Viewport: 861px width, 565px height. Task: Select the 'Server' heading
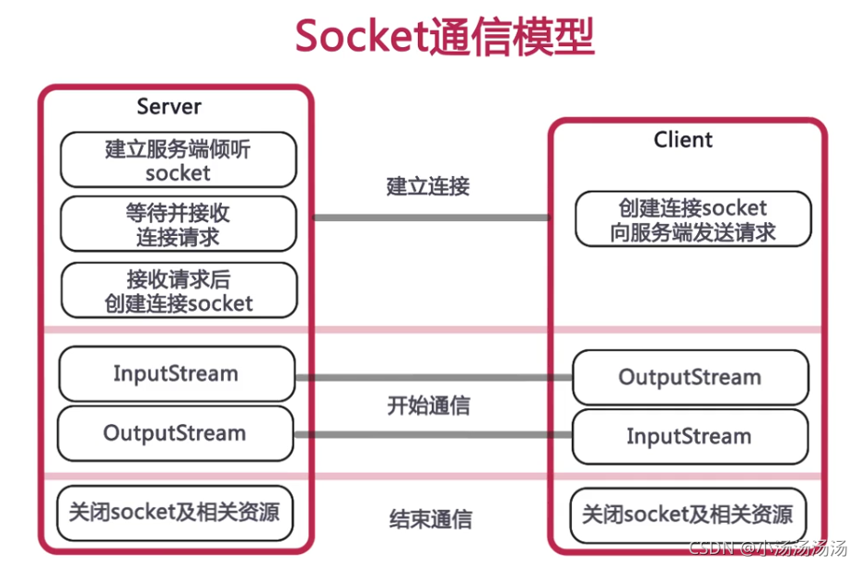(169, 107)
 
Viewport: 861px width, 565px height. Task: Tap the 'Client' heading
(683, 140)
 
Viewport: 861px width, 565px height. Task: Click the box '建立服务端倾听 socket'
(178, 159)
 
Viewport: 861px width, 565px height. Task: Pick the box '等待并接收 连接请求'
(178, 224)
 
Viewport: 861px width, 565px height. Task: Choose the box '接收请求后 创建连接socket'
(178, 290)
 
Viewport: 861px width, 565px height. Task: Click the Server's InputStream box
(176, 374)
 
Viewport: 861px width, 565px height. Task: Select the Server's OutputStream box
(175, 433)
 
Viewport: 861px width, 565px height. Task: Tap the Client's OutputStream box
(690, 378)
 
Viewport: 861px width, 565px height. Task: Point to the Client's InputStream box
(690, 437)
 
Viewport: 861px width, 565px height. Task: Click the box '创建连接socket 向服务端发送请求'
(692, 219)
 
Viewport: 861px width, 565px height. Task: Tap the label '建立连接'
(428, 186)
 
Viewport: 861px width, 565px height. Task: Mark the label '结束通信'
(429, 519)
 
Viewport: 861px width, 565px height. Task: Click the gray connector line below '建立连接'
(431, 218)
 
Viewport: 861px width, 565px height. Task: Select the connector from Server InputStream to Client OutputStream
(433, 377)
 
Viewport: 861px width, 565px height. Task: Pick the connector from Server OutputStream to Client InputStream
(433, 434)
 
